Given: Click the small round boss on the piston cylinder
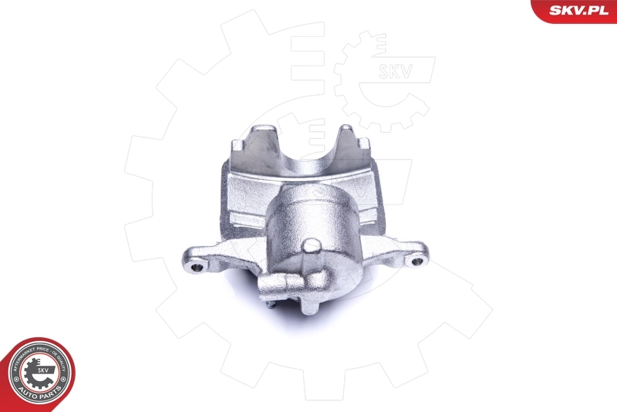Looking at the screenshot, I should click(x=312, y=247).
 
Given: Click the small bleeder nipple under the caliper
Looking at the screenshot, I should click(x=271, y=304).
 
